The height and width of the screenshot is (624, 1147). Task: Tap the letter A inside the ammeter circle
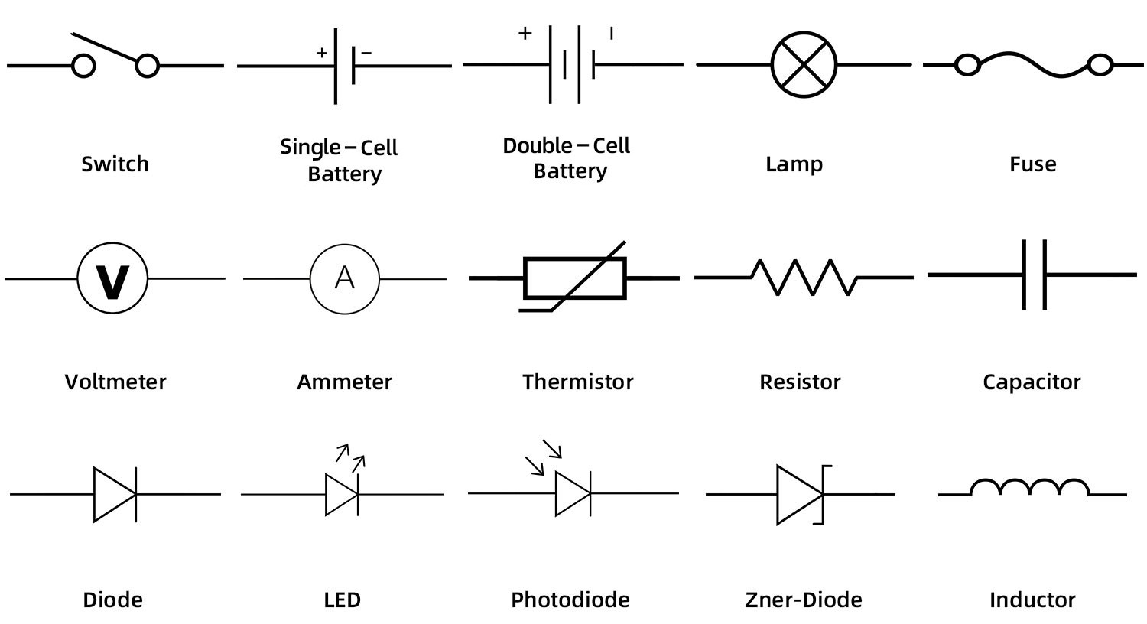pyautogui.click(x=345, y=277)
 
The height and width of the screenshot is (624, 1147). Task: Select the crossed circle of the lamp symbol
pyautogui.click(x=804, y=65)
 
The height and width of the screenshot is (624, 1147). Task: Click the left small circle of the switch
pyautogui.click(x=83, y=67)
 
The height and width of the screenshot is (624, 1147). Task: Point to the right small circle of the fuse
pyautogui.click(x=1100, y=66)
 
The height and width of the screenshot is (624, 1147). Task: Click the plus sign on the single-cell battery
pyautogui.click(x=322, y=53)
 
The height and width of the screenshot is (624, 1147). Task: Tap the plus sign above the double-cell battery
pyautogui.click(x=525, y=34)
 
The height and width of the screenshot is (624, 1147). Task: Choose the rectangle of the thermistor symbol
pyautogui.click(x=575, y=278)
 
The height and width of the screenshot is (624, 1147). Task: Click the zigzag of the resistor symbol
pyautogui.click(x=804, y=277)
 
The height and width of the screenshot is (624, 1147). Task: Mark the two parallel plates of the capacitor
pyautogui.click(x=1035, y=275)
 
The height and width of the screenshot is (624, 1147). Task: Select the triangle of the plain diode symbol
pyautogui.click(x=113, y=494)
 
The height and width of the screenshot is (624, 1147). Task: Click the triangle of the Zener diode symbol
pyautogui.click(x=798, y=494)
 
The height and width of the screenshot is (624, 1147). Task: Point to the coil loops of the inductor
pyautogui.click(x=1030, y=488)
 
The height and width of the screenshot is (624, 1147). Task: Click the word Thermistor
pyautogui.click(x=577, y=382)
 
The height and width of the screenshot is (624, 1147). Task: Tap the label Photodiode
pyautogui.click(x=570, y=600)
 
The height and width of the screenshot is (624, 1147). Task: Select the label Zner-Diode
pyautogui.click(x=804, y=600)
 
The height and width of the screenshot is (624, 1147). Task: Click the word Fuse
pyautogui.click(x=1032, y=164)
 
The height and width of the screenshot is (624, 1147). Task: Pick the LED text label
pyautogui.click(x=342, y=600)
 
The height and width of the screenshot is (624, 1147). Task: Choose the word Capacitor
pyautogui.click(x=1032, y=382)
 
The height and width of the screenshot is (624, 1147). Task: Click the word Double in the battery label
pyautogui.click(x=537, y=146)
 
